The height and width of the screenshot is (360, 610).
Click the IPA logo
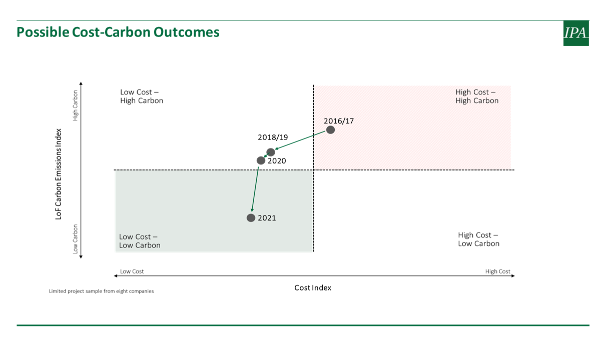point(576,33)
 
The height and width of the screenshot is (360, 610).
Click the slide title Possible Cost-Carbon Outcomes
point(118,32)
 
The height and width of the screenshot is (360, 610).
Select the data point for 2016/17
point(330,130)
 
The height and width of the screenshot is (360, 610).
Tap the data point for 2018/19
point(271,152)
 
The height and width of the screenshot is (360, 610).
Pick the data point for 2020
point(261,160)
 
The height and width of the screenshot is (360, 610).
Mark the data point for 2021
point(251,217)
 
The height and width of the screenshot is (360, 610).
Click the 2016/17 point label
point(339,121)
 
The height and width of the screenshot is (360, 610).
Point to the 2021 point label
point(267,218)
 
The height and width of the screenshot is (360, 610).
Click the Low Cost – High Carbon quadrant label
point(142,96)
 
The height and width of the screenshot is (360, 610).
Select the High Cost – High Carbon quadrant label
point(477,96)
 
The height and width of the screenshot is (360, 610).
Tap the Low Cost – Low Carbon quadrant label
point(140,241)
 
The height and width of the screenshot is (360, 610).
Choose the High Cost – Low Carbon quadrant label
point(479,239)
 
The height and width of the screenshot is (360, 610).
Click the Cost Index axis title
point(313,287)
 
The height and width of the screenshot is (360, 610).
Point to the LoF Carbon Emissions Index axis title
point(59,174)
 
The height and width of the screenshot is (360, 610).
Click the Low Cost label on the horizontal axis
point(132,271)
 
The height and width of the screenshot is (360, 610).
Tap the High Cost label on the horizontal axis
point(497,271)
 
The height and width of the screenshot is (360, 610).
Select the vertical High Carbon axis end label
point(75,105)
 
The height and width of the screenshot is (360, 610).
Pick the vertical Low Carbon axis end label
point(75,239)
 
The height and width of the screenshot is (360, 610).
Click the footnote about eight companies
point(101,291)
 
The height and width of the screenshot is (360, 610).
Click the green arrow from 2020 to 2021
point(255,189)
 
